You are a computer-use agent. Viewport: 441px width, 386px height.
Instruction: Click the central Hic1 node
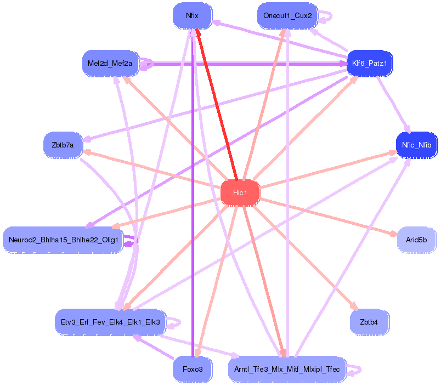coord(240,192)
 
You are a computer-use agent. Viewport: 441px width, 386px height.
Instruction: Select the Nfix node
coord(192,16)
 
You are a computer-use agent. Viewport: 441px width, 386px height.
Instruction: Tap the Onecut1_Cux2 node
coord(287,15)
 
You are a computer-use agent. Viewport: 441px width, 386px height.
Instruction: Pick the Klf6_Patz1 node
coord(370,64)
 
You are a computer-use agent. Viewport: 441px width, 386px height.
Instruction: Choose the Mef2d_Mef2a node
coord(110,64)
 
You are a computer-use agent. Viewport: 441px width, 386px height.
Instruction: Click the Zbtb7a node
coord(63,145)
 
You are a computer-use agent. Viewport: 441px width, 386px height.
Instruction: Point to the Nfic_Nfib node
coord(416,145)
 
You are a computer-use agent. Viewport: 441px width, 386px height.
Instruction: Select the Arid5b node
coord(416,240)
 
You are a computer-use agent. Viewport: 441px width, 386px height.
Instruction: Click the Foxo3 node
coord(192,370)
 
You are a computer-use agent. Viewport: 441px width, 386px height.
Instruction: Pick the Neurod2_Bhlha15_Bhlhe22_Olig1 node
coord(63,240)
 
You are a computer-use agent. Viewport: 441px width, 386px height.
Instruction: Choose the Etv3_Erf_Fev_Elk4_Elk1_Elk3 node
coord(110,321)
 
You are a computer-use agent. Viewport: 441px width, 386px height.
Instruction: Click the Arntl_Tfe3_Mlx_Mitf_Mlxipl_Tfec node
coord(287,370)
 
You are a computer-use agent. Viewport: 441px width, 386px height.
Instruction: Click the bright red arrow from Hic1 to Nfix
coord(216,104)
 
